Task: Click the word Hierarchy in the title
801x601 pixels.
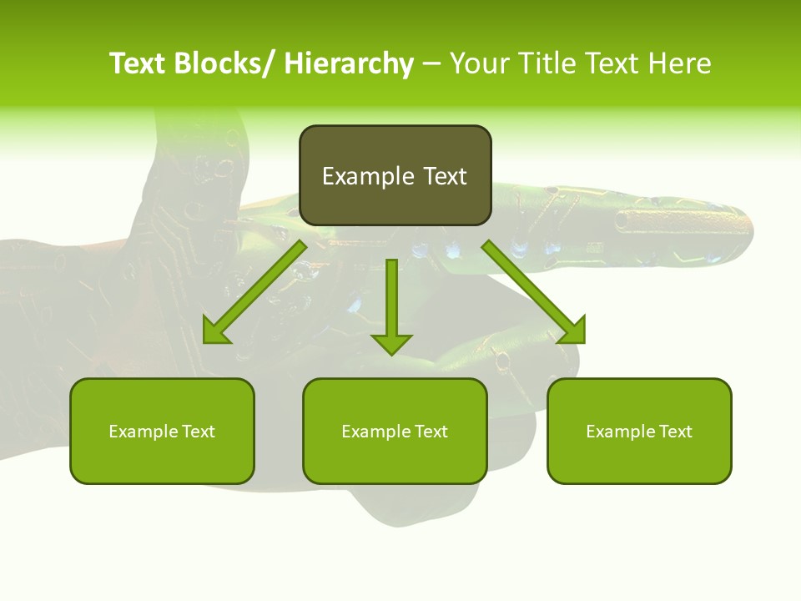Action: [x=349, y=63]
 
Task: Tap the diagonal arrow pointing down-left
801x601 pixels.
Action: [x=254, y=292]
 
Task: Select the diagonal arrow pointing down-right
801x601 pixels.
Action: [x=534, y=292]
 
